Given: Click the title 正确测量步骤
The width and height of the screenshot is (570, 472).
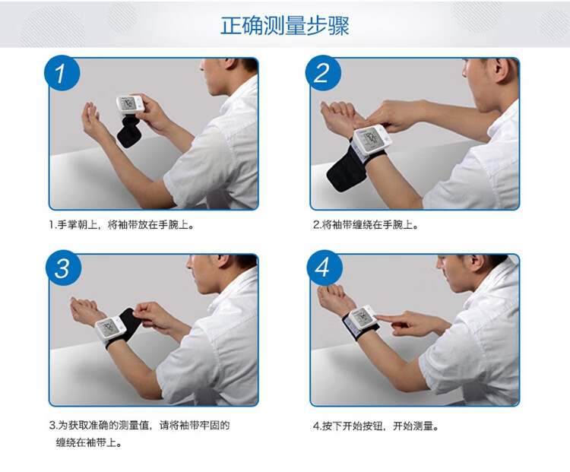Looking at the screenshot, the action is tap(285, 25).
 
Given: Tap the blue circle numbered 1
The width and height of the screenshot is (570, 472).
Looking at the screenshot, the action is tap(62, 73).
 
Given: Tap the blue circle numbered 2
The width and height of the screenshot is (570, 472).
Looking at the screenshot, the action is tap(323, 73).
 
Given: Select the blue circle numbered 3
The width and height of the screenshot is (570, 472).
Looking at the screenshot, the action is tap(63, 268).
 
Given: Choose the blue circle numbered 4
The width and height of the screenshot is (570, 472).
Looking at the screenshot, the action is tap(325, 268).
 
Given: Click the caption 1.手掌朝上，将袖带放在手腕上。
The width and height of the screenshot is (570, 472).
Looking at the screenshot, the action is tap(122, 225).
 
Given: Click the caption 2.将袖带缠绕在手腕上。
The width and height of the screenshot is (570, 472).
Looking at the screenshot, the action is tap(366, 225).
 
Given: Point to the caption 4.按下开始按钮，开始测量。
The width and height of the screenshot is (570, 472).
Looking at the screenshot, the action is tap(376, 426).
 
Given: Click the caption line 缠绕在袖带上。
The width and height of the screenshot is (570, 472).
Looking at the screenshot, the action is tap(88, 442).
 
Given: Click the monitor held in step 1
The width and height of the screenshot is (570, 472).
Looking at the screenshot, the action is tap(130, 105).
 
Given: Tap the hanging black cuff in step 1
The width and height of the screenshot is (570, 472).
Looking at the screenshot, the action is tap(129, 131).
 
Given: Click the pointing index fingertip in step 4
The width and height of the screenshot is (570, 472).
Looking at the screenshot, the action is tap(378, 318).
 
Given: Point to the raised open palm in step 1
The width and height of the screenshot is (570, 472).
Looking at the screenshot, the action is tap(91, 119).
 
